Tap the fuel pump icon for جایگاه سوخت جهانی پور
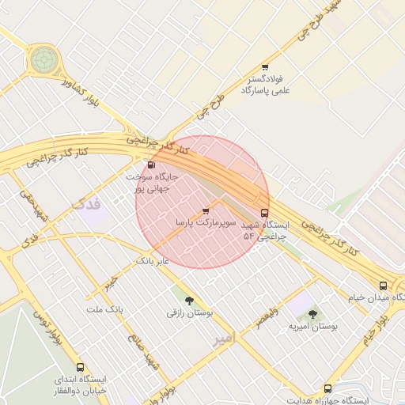(151, 165)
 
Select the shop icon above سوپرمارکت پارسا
(206, 211)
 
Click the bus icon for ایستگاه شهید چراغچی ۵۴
(264, 212)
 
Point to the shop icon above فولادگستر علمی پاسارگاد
(265, 67)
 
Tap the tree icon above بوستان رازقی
(189, 300)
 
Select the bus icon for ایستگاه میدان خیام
(383, 285)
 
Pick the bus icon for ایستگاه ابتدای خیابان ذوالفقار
(80, 367)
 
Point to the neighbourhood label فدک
(87, 204)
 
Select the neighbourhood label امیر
(225, 339)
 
